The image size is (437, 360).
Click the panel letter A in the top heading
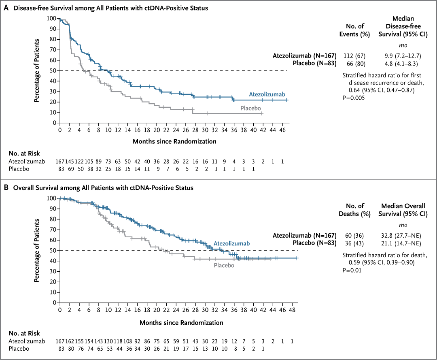(6, 8)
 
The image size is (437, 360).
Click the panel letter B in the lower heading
(6, 187)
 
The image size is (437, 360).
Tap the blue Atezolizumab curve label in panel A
(268, 94)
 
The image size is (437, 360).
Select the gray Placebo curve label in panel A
(250, 108)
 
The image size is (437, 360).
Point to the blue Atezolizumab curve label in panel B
(231, 243)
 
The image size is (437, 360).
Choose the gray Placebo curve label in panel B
(224, 265)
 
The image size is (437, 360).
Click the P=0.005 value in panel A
(354, 98)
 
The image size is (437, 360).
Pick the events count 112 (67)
(354, 55)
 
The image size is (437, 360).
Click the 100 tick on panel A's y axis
(51, 18)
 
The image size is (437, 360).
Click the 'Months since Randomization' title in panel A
(174, 141)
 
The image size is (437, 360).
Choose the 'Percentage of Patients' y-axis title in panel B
(37, 250)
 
